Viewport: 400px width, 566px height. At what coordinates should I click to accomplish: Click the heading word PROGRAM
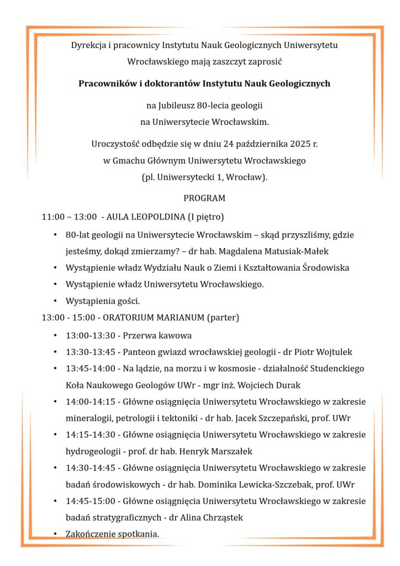tap(204, 198)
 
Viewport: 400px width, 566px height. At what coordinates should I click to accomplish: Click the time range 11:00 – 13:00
tap(69, 217)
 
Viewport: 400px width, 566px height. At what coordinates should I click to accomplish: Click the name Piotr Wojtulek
tap(324, 352)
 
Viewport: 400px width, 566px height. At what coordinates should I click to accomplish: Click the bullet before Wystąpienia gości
tap(55, 302)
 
